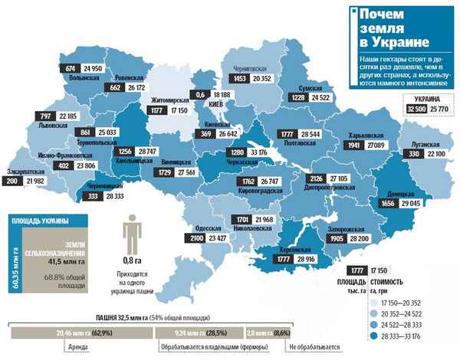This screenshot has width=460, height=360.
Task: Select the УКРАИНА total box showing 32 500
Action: [413, 110]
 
